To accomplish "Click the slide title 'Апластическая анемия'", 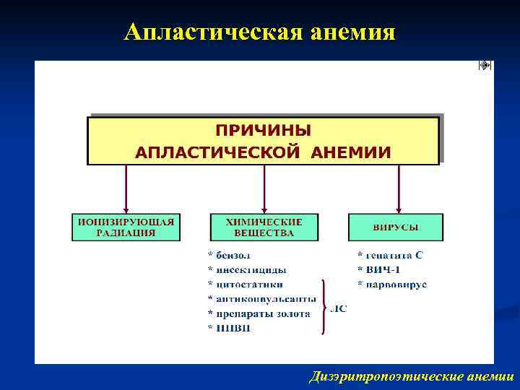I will pyautogui.click(x=259, y=31).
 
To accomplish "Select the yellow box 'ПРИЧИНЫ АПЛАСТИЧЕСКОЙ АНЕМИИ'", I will pyautogui.click(x=264, y=141).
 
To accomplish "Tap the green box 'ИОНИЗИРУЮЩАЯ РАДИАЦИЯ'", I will pyautogui.click(x=126, y=227).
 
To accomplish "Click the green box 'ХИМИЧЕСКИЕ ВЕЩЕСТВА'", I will pyautogui.click(x=264, y=227).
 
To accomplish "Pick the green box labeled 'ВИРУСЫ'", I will pyautogui.click(x=396, y=227).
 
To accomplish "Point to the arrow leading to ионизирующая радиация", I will pyautogui.click(x=126, y=189).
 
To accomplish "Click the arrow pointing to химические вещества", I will pyautogui.click(x=264, y=189).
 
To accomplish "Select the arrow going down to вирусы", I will pyautogui.click(x=399, y=189).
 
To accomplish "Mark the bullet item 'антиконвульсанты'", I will pyautogui.click(x=261, y=299).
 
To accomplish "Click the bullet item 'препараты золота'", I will pyautogui.click(x=259, y=313).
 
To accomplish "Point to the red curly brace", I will pyautogui.click(x=324, y=307).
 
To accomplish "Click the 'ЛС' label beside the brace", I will pyautogui.click(x=339, y=308).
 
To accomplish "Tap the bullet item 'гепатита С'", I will pyautogui.click(x=390, y=255).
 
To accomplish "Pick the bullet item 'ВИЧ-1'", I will pyautogui.click(x=378, y=269).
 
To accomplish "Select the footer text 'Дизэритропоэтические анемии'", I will pyautogui.click(x=411, y=376).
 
